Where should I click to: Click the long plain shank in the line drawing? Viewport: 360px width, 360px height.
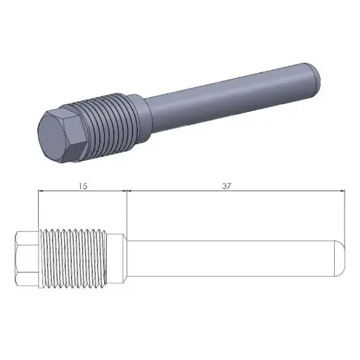click(232, 259)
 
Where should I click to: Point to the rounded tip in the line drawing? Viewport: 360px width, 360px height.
click(340, 259)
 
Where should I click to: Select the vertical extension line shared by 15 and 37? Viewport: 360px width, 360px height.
click(126, 211)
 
